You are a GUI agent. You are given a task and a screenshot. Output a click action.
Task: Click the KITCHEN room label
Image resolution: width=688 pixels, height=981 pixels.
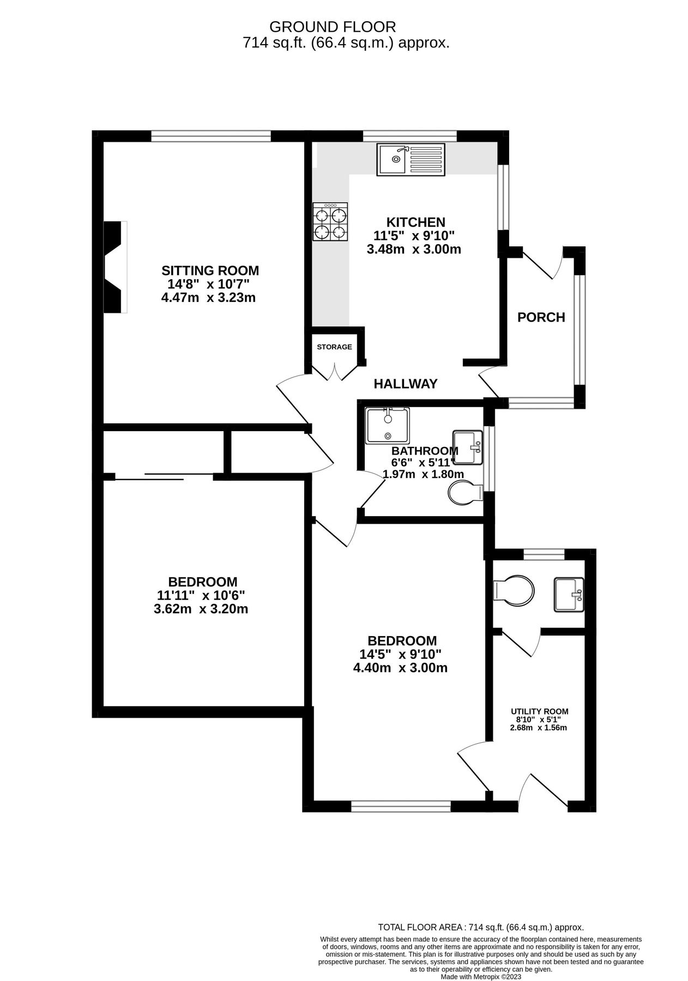click(415, 222)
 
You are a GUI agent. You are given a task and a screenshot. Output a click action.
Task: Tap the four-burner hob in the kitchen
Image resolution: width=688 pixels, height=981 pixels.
click(330, 221)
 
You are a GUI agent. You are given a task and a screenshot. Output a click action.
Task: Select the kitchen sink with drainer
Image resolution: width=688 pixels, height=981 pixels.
click(411, 159)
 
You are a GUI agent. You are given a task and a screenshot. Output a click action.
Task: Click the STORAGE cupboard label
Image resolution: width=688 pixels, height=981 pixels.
click(334, 347)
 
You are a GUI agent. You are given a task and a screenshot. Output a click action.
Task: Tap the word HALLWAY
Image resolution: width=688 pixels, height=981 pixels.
click(405, 384)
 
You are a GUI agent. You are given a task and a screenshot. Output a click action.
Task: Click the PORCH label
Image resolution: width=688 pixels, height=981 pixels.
click(541, 317)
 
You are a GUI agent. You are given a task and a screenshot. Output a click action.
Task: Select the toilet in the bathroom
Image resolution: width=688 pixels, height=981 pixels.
click(464, 493)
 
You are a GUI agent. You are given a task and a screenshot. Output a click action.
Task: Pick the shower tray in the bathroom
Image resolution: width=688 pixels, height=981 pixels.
click(388, 425)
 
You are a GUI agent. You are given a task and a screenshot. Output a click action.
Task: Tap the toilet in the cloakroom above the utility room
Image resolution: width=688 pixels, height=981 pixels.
click(514, 590)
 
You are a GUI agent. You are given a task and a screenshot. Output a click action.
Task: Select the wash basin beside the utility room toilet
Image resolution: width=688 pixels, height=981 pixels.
click(569, 594)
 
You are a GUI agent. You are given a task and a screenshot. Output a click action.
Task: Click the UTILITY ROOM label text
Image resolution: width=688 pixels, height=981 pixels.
click(539, 711)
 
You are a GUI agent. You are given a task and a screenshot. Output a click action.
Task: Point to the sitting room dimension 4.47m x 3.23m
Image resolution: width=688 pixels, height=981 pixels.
click(209, 298)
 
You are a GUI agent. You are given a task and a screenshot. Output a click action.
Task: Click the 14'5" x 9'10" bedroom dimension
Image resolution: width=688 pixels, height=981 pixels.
click(400, 654)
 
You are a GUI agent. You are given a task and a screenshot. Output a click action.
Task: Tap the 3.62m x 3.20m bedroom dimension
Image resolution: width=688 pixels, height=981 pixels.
click(201, 609)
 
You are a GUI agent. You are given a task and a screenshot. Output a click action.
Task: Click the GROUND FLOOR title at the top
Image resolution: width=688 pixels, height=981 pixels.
click(333, 26)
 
